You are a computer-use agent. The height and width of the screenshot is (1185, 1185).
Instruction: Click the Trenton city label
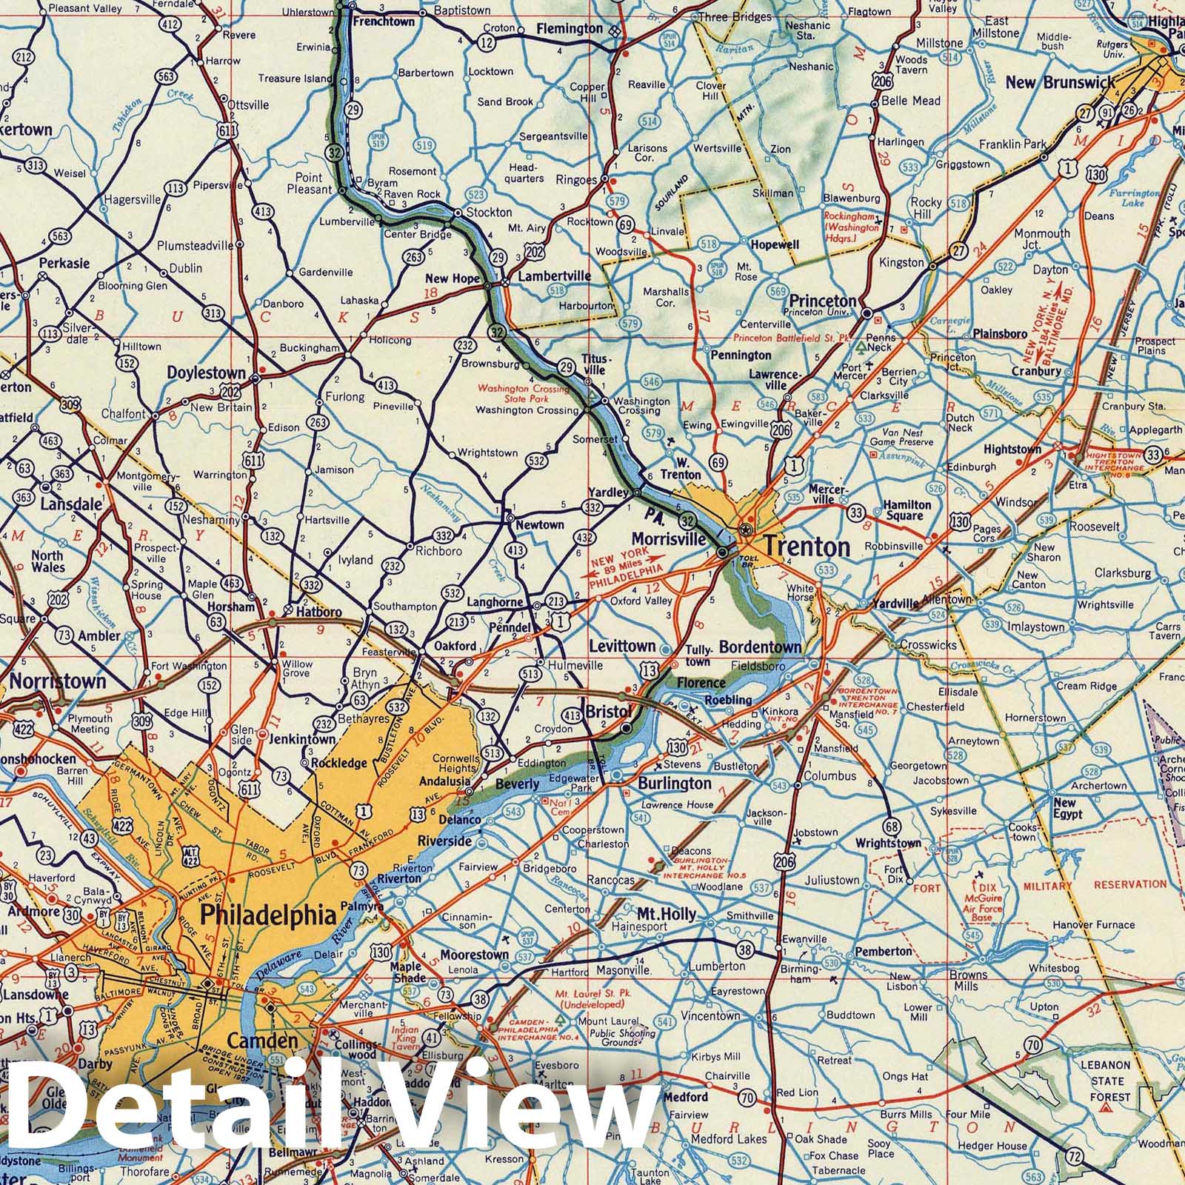[x=807, y=547]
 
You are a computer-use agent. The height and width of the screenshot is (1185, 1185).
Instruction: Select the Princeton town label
[x=822, y=301]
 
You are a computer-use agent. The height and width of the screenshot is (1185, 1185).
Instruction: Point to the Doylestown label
[x=206, y=373]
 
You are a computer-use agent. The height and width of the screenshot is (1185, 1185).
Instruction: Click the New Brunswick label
[x=1059, y=81]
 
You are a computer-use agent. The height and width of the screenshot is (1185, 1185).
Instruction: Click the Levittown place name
[x=623, y=646]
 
